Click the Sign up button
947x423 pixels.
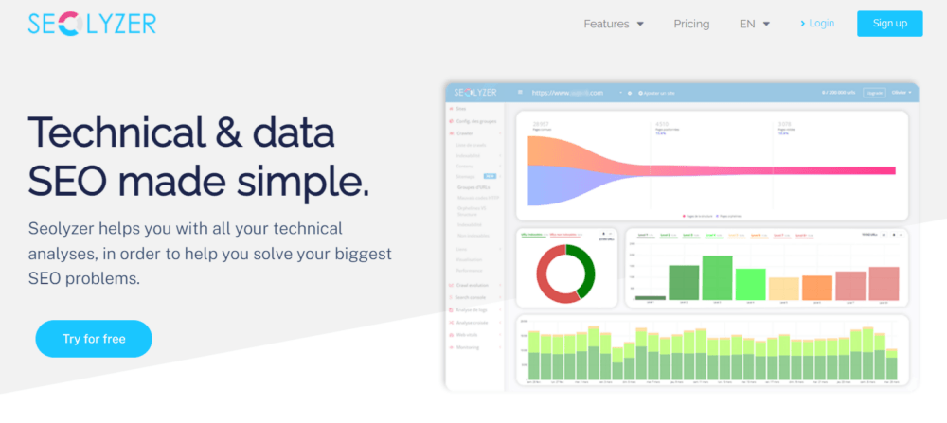[889, 24]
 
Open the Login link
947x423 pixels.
[816, 23]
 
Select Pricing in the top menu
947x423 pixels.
[691, 24]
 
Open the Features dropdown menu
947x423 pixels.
[614, 24]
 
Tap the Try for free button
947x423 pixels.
[94, 338]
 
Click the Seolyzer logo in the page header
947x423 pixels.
[92, 24]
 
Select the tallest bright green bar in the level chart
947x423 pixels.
[717, 278]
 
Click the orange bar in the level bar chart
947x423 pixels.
[816, 288]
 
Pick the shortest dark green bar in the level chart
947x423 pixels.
[650, 297]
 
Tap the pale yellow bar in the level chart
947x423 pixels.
[783, 289]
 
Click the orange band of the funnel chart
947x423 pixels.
[540, 151]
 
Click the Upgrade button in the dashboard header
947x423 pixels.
[874, 93]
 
